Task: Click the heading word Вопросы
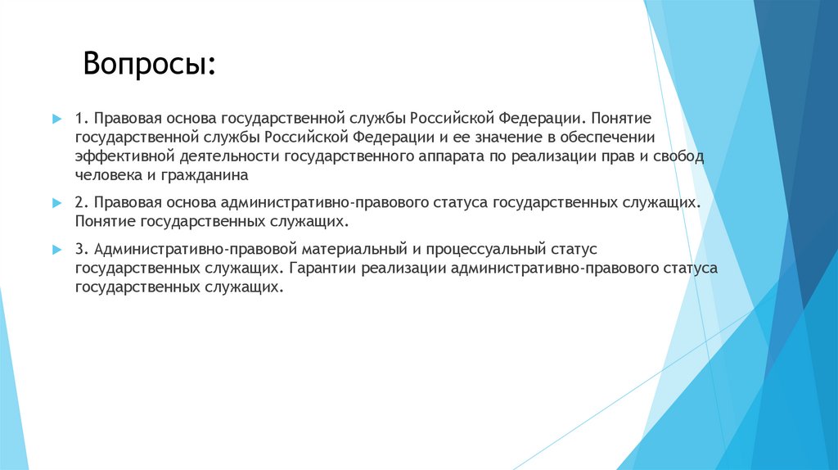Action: (149, 64)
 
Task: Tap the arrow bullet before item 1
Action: (56, 119)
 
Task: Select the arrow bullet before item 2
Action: (56, 202)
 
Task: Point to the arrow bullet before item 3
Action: (56, 249)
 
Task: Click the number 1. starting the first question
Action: (81, 118)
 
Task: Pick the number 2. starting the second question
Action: (81, 202)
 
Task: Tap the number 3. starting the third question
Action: (81, 249)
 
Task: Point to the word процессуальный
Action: (495, 249)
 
